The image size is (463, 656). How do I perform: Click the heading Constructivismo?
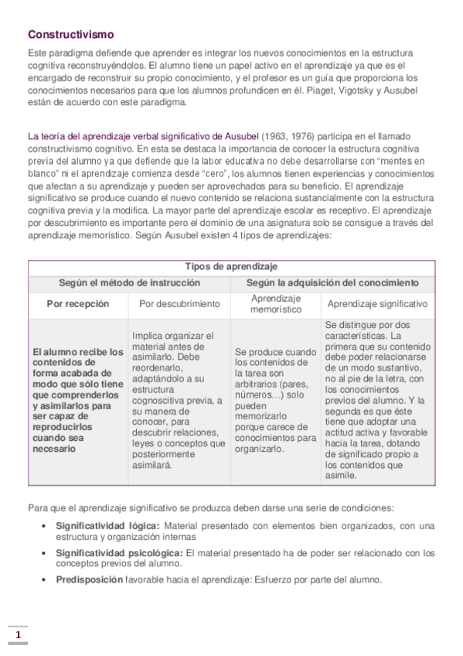click(71, 35)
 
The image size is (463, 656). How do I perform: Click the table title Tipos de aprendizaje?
click(232, 266)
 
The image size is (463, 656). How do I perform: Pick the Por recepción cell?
click(78, 304)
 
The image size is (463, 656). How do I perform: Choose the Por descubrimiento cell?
click(179, 304)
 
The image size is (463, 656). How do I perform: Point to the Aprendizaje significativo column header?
click(377, 304)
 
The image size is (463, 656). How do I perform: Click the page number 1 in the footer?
click(18, 636)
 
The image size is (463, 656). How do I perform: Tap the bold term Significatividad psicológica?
click(119, 553)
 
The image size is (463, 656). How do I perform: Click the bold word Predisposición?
click(90, 580)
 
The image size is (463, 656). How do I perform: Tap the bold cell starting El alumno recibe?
click(78, 400)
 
